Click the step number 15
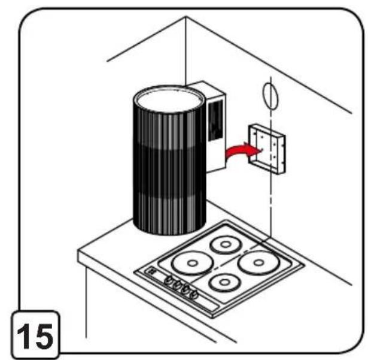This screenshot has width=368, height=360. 35,336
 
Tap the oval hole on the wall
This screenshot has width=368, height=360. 270,96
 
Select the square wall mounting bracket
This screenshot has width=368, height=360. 267,150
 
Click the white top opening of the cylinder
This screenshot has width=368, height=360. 169,101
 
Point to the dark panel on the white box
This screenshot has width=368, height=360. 215,120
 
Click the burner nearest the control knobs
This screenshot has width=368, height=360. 225,282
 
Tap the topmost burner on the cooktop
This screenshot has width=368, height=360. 226,244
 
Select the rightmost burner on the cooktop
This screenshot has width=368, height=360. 258,263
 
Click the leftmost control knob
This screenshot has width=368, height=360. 169,280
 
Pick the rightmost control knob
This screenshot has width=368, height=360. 194,294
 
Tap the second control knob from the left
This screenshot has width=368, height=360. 177,285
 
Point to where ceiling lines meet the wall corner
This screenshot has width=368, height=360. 186,16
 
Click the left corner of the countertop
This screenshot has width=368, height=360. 79,252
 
